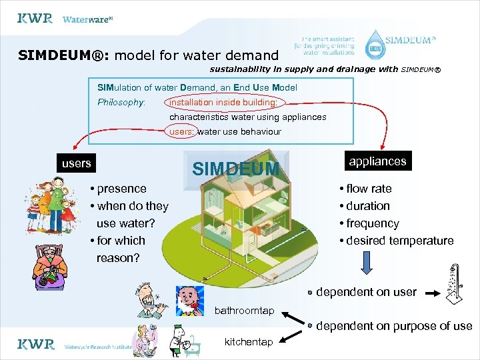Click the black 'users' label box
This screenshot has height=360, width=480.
(x=76, y=163)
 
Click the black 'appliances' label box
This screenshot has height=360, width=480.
(x=377, y=161)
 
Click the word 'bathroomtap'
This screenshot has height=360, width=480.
(x=244, y=311)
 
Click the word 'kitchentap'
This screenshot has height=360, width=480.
(x=249, y=342)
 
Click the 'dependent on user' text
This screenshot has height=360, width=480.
(x=366, y=292)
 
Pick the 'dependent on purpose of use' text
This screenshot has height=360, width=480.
(x=394, y=326)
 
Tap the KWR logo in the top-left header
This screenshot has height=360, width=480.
(x=35, y=19)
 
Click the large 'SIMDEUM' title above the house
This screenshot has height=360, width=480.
(x=235, y=169)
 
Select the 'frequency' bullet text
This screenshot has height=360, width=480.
(x=372, y=223)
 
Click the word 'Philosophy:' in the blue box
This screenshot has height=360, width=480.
(x=121, y=103)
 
